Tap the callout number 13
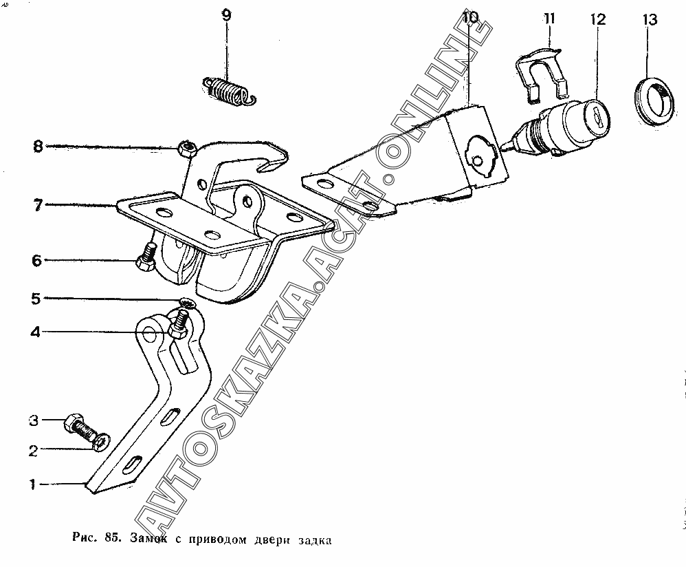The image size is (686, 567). pyautogui.click(x=650, y=20)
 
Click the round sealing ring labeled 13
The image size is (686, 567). pyautogui.click(x=654, y=101)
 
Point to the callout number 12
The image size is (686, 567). pyautogui.click(x=597, y=19)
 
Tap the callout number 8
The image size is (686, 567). pyautogui.click(x=38, y=146)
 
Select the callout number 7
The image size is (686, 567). pyautogui.click(x=38, y=204)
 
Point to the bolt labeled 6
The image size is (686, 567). pyautogui.click(x=146, y=262)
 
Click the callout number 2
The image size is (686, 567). pyautogui.click(x=32, y=451)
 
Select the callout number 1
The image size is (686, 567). pyautogui.click(x=32, y=484)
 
